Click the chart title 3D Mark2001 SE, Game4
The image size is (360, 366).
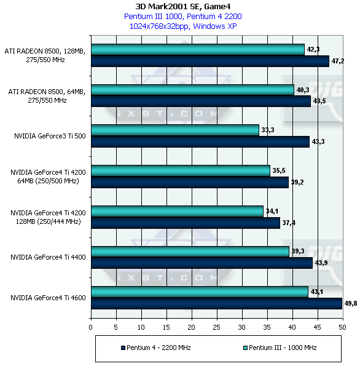point(183,7)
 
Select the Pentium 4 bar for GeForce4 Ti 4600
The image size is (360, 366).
point(217,303)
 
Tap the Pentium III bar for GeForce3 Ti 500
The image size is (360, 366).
point(175,130)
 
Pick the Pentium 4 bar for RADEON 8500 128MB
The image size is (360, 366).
point(210,61)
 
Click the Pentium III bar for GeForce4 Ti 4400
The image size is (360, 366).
point(190,252)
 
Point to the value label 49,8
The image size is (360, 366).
point(351,303)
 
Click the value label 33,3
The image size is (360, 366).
point(268,130)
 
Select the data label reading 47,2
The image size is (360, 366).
point(338,61)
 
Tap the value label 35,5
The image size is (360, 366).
point(279,170)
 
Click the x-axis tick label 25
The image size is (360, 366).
point(217,327)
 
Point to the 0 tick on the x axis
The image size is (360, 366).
point(91,327)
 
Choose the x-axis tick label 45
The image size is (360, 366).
point(318,327)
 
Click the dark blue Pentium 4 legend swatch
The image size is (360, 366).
point(123,348)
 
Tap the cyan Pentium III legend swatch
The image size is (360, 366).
point(245,348)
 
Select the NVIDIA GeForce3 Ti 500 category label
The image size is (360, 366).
point(50,136)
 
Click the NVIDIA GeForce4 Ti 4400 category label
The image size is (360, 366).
point(48,257)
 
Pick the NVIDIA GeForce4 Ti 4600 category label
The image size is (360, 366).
point(48,298)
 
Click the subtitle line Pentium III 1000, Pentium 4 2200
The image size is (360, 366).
point(183,17)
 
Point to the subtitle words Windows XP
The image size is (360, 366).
point(215,26)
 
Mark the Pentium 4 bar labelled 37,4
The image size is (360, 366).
point(186,223)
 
